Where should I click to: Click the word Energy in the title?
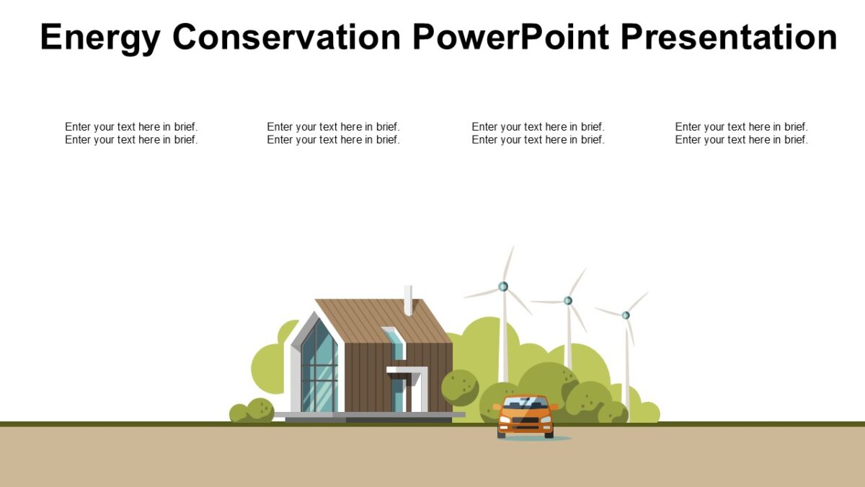point(99,38)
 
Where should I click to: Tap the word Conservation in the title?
point(286,38)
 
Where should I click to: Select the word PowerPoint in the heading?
point(511,38)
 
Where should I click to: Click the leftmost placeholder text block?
point(131,133)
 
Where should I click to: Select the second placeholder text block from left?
point(333,133)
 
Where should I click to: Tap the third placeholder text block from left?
point(538,133)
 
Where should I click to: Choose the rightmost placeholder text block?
point(741,133)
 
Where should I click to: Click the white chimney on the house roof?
point(408,300)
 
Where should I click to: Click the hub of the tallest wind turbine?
point(503,286)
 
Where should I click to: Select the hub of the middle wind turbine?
point(568,300)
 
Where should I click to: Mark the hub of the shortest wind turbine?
point(626,315)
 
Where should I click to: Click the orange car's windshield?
point(525,403)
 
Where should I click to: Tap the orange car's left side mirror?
point(497,407)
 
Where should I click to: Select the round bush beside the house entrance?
point(459,387)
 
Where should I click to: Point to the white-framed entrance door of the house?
point(399,393)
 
